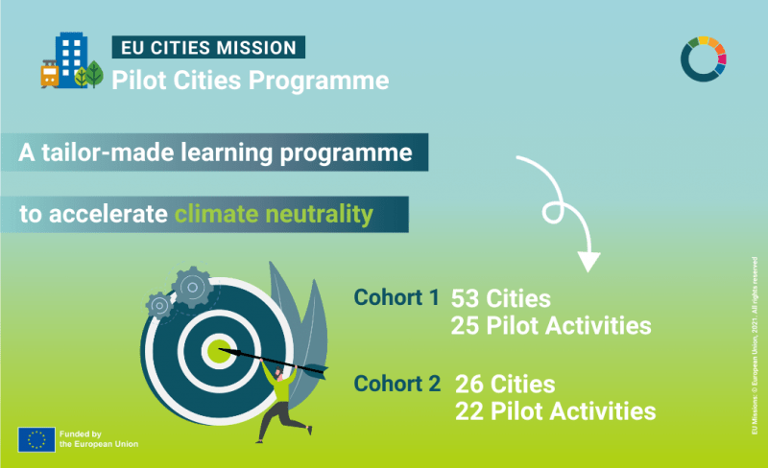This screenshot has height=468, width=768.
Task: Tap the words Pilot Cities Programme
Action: [x=251, y=80]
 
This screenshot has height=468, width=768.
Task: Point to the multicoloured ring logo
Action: [x=703, y=59]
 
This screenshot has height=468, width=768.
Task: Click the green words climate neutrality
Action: [x=273, y=214]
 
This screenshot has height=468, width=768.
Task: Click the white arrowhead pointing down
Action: [x=588, y=260]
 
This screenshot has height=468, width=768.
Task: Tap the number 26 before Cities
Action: [x=471, y=385]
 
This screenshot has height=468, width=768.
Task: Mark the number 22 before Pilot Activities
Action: [x=471, y=412]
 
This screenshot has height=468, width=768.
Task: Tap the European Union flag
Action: [x=36, y=438]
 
